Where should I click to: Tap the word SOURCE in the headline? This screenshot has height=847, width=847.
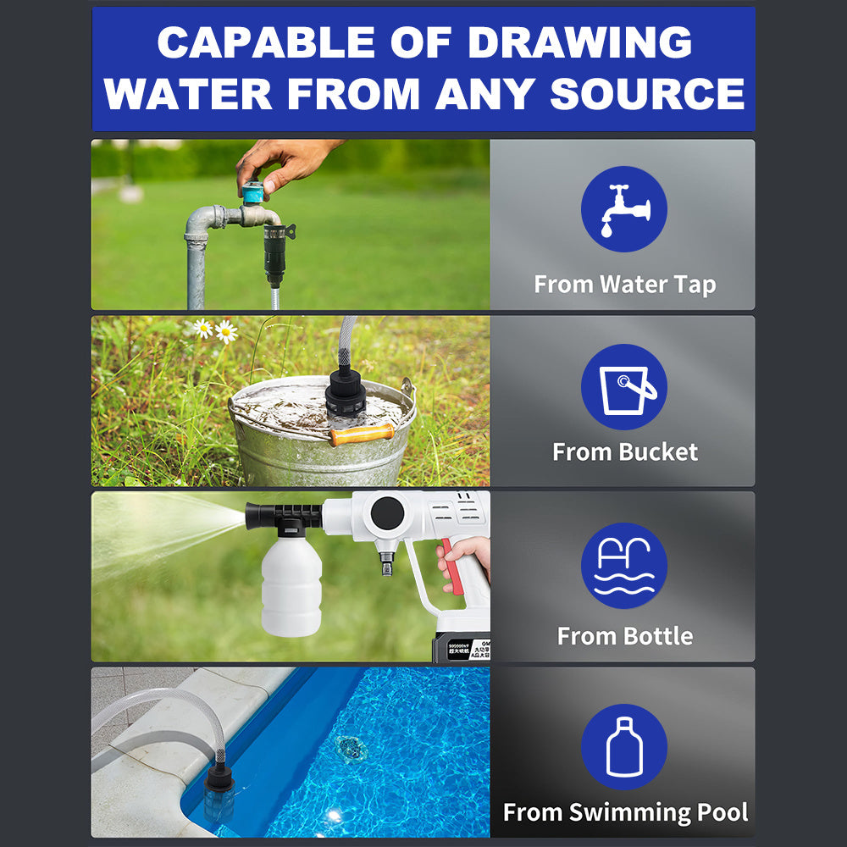click(647, 93)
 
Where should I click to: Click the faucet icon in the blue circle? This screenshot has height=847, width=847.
click(624, 209)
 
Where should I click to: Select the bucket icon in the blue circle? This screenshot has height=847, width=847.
click(624, 387)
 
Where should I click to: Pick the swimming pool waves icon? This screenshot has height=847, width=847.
click(624, 566)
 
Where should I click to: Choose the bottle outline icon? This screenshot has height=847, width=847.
click(624, 746)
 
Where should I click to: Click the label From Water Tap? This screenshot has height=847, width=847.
click(624, 285)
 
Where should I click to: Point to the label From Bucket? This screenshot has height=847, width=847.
click(624, 451)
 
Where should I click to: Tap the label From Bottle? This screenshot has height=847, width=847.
click(624, 636)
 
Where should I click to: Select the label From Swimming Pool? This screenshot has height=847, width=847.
click(624, 813)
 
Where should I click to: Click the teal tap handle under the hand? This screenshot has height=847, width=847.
click(252, 194)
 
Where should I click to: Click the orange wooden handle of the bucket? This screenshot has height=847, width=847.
click(362, 435)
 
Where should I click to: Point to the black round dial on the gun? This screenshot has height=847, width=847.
click(388, 512)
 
